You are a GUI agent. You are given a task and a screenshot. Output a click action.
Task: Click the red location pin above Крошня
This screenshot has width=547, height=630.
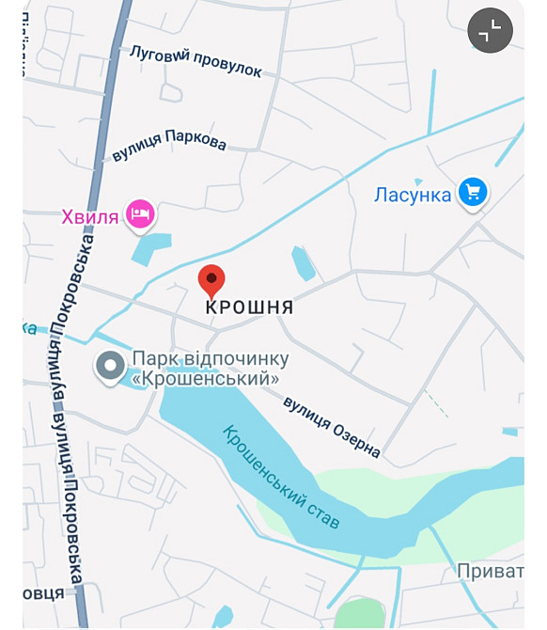click(211, 279)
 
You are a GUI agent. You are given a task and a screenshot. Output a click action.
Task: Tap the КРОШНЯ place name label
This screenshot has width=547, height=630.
click(249, 307)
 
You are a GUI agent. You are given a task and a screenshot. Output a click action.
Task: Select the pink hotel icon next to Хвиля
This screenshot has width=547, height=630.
click(139, 213)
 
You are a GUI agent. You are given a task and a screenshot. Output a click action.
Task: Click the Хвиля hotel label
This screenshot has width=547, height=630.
click(90, 217)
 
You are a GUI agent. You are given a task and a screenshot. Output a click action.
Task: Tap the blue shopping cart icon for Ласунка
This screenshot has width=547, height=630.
click(472, 193)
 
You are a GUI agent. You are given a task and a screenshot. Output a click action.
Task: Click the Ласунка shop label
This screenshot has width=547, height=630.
click(414, 195)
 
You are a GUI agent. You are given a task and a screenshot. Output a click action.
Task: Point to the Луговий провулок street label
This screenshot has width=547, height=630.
click(195, 61)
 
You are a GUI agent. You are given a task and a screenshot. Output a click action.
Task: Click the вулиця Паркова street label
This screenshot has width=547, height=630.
click(169, 144)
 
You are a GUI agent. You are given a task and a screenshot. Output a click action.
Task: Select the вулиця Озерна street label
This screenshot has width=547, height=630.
click(332, 428)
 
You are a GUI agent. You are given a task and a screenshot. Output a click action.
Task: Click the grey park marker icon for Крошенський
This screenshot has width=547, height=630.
click(110, 366)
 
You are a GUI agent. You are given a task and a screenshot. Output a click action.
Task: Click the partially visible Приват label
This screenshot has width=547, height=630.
click(490, 571)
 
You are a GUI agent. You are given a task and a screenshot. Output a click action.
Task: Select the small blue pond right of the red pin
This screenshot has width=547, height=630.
click(303, 262)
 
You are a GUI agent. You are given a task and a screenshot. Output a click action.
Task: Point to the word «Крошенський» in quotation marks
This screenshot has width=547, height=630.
click(206, 379)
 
